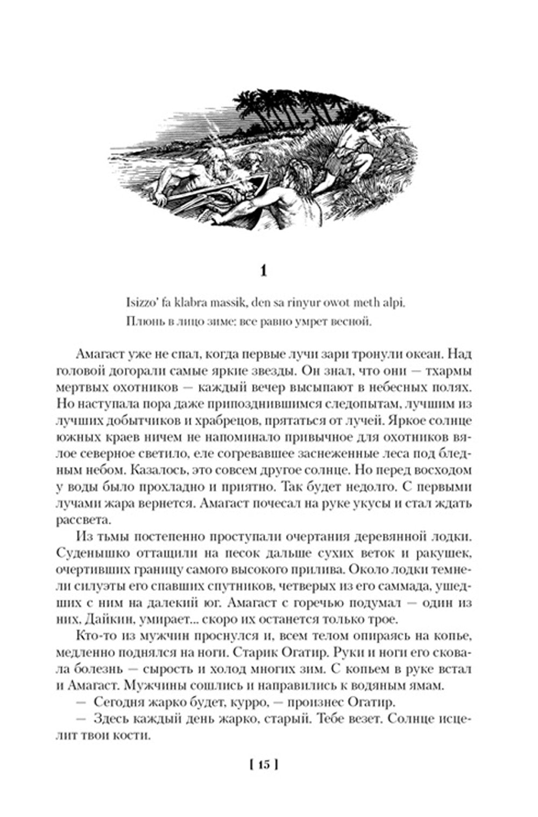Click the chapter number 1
tap(263, 272)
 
